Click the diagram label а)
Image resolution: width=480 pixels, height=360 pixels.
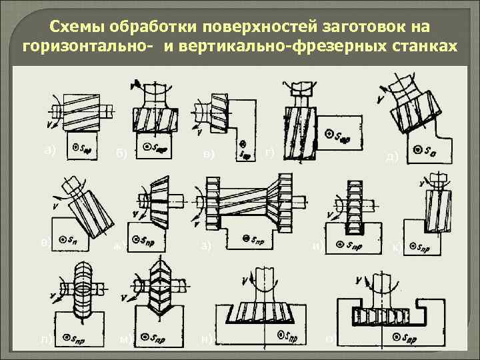coord(49,149)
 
